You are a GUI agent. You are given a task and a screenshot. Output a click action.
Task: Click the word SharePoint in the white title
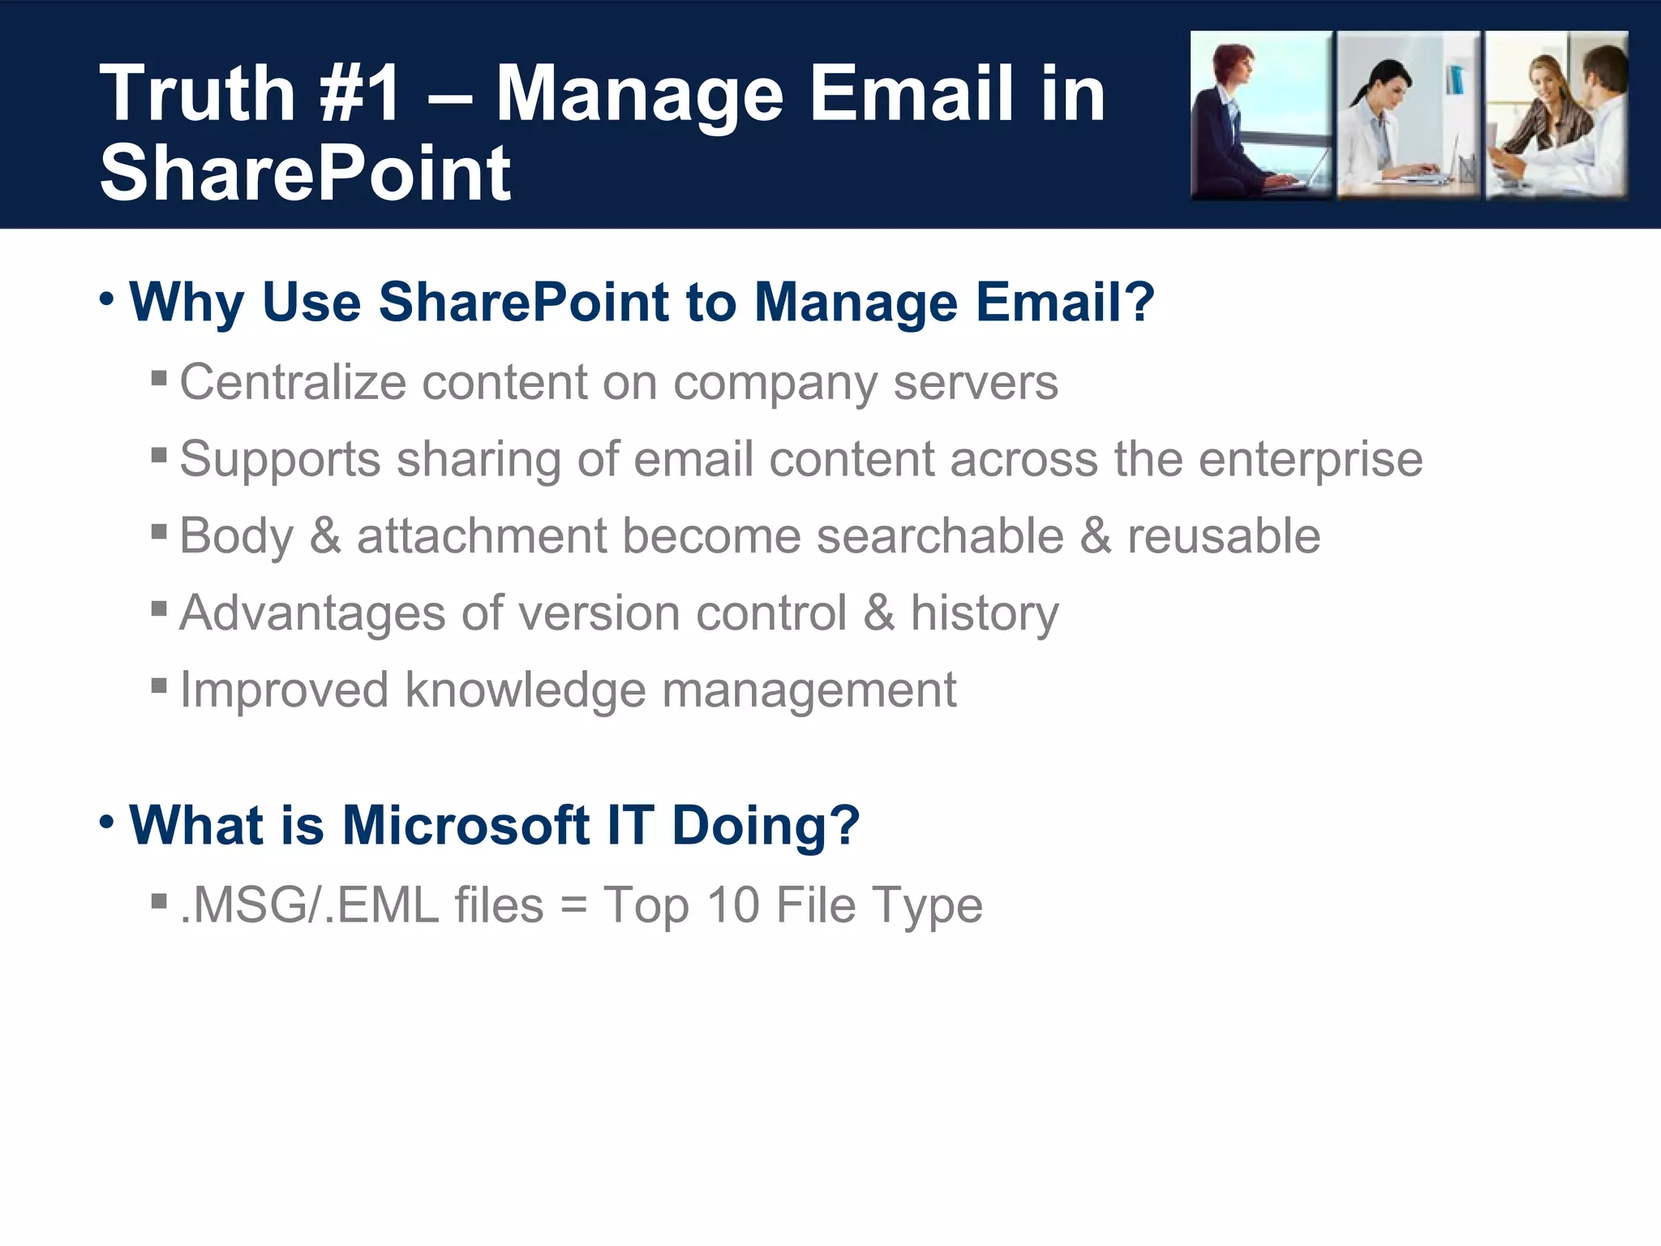click(x=305, y=173)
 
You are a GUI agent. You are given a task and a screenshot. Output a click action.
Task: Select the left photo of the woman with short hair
click(x=1260, y=115)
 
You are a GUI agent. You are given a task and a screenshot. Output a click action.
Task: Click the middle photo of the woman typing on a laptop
click(x=1408, y=115)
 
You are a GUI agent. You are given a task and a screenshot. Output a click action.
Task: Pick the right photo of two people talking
click(x=1556, y=115)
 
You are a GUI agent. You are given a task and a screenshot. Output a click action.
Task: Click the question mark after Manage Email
click(x=1139, y=301)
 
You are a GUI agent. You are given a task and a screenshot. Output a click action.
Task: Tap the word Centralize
click(x=292, y=382)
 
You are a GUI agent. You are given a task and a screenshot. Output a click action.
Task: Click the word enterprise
click(x=1310, y=460)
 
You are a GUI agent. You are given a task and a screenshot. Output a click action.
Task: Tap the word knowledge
click(x=525, y=690)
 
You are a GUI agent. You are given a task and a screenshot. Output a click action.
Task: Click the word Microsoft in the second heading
click(x=466, y=825)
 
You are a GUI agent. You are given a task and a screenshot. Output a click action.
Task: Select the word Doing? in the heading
click(x=765, y=825)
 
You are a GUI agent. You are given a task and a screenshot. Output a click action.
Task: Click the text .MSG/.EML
click(x=309, y=905)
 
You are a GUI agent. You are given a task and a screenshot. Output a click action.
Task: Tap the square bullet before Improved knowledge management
click(x=159, y=686)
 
